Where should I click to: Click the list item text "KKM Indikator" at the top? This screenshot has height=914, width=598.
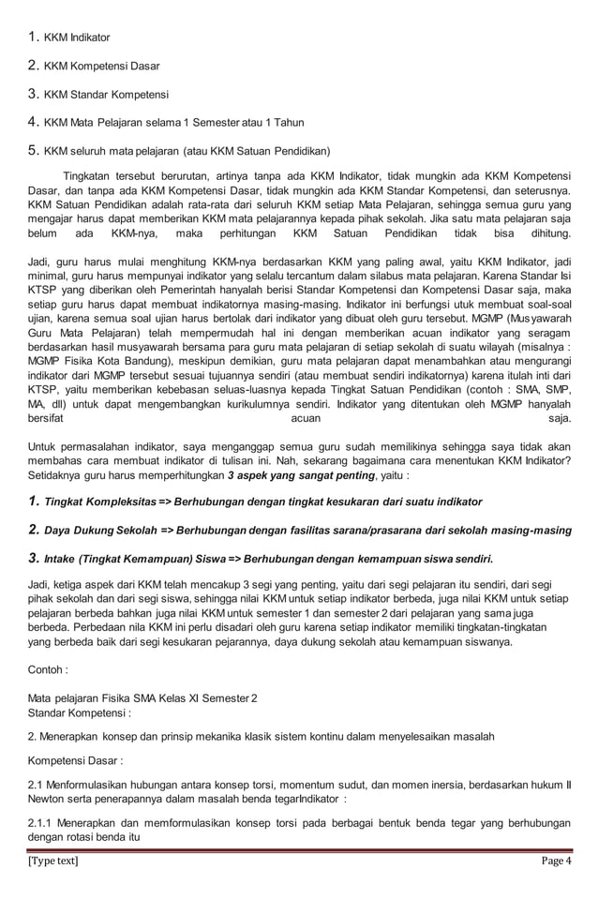point(77,38)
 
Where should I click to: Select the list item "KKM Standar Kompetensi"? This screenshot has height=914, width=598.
point(106,95)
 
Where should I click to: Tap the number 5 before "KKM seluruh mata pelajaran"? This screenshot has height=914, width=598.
point(33,150)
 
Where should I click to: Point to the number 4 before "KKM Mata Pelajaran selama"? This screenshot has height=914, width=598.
point(33,122)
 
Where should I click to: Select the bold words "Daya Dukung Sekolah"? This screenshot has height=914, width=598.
point(100,531)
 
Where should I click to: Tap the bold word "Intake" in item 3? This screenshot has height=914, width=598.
point(60,560)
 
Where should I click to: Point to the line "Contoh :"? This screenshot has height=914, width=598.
point(48,671)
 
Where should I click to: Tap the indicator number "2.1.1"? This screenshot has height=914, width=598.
point(43,823)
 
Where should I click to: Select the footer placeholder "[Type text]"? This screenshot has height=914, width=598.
point(55,861)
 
